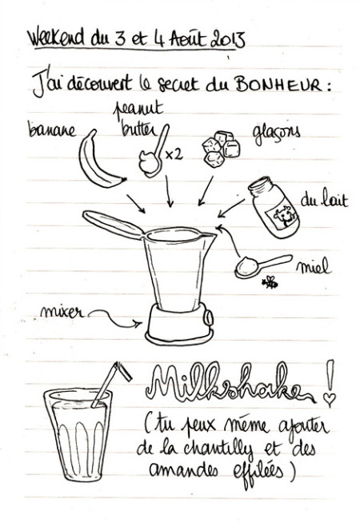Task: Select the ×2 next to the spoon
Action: pyautogui.click(x=174, y=154)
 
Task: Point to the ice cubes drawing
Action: pyautogui.click(x=221, y=149)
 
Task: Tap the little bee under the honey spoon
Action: pyautogui.click(x=270, y=283)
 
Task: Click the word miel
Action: pyautogui.click(x=314, y=266)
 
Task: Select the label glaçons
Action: pyautogui.click(x=276, y=134)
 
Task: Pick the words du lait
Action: pyautogui.click(x=324, y=200)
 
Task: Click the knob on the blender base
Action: pyautogui.click(x=209, y=317)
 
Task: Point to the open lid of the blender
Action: pyautogui.click(x=114, y=225)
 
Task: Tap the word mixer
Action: pyautogui.click(x=62, y=312)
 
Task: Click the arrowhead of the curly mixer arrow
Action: pyautogui.click(x=138, y=323)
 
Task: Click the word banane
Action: pyautogui.click(x=52, y=130)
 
